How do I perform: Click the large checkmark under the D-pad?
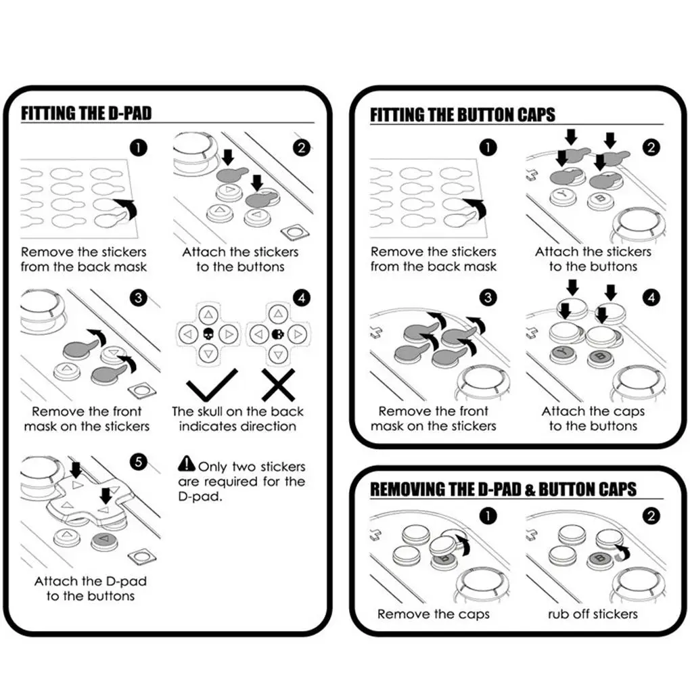[x=212, y=386]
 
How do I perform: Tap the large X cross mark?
[x=279, y=385]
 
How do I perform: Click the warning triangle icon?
[x=187, y=463]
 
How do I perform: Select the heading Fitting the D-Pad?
[x=87, y=113]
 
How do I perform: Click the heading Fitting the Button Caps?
[x=463, y=115]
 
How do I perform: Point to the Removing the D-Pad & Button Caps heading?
[x=503, y=489]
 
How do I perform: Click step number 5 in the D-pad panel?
[x=139, y=461]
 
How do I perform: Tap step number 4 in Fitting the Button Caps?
[x=651, y=298]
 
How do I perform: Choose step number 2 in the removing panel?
[x=651, y=515]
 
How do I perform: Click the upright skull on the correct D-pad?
[x=208, y=334]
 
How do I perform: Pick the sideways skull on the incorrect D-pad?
[x=277, y=334]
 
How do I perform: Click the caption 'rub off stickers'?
[x=593, y=614]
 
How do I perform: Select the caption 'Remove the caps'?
[x=434, y=614]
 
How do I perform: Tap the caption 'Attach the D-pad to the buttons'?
[x=91, y=589]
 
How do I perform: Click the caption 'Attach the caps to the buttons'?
[x=593, y=419]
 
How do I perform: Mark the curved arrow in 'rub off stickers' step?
[x=622, y=551]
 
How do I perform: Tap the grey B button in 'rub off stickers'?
[x=601, y=559]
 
